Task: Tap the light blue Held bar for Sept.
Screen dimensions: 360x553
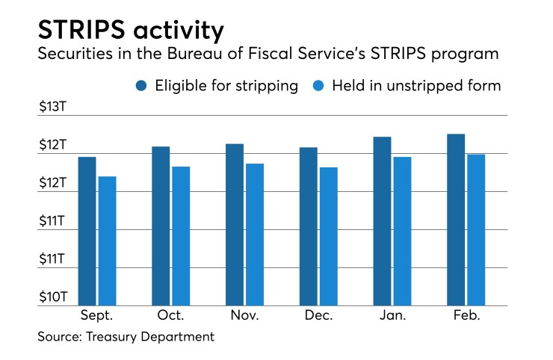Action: point(107,240)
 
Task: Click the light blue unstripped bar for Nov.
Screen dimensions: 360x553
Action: point(254,235)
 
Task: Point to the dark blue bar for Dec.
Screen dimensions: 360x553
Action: point(308,226)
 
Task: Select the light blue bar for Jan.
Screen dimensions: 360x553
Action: point(402,231)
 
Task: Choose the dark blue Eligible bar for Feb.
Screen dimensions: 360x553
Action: point(456,220)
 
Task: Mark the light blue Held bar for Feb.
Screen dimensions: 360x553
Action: point(476,229)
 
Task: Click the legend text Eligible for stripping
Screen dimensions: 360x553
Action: point(226,86)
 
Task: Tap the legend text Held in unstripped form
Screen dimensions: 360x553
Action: point(421,86)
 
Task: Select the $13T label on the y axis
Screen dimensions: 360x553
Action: point(53,108)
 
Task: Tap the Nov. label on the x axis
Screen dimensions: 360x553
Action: point(244,316)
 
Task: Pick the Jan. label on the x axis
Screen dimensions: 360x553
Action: point(392,316)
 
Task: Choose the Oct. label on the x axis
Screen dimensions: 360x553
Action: point(170,316)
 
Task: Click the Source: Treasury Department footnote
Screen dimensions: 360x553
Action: point(126,337)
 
